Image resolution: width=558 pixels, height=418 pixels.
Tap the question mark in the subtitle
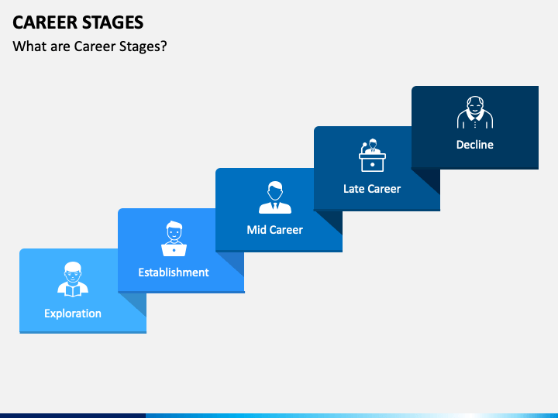[x=164, y=46]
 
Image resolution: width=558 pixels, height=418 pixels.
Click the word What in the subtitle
[x=29, y=46]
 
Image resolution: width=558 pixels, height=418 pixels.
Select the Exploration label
[x=73, y=313]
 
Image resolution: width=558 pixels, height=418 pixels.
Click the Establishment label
[x=174, y=272]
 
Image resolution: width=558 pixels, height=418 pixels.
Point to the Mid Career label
[x=274, y=230]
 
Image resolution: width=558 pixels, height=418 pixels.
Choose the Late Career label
[x=372, y=189]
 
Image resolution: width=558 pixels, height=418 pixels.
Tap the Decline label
[x=474, y=145]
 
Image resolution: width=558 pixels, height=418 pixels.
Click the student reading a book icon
[x=73, y=279]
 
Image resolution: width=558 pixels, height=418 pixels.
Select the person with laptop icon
[x=174, y=239]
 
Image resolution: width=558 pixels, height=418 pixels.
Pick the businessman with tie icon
[x=274, y=197]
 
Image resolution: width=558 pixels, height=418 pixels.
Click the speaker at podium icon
[x=372, y=155]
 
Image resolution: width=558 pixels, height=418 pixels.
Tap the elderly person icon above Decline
[x=474, y=113]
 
